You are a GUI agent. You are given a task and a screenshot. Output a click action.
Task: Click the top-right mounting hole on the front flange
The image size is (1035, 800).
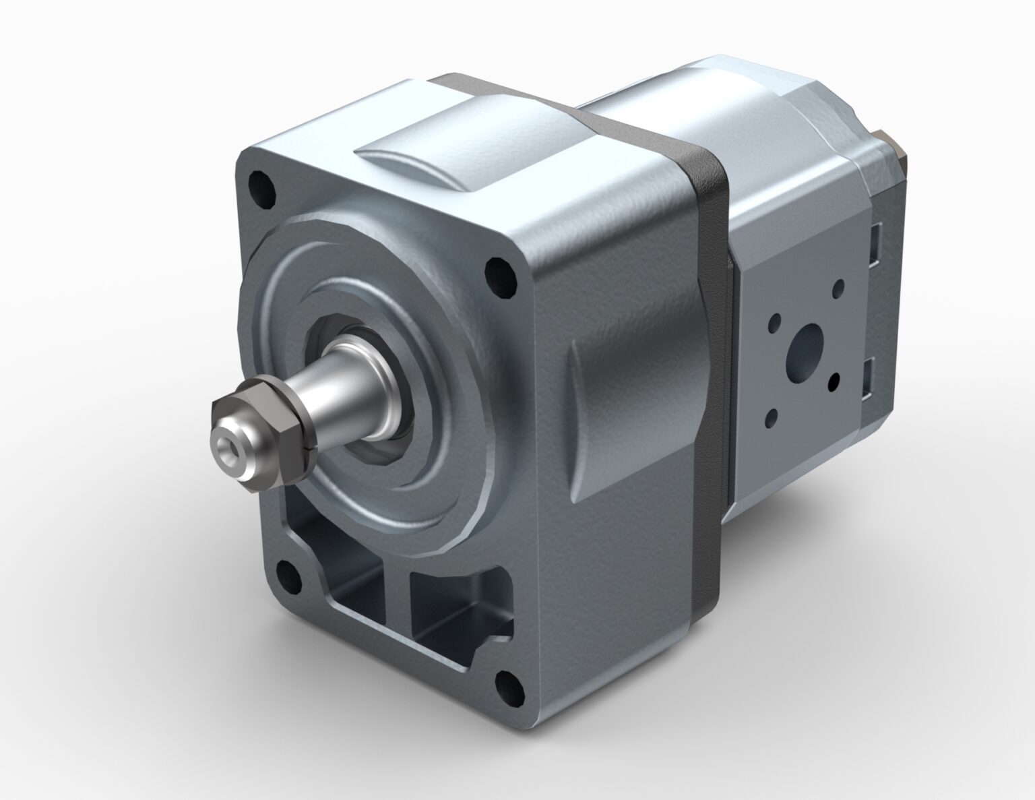click(x=499, y=276)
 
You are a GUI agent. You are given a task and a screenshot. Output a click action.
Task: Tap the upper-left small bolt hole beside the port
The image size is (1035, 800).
click(x=775, y=322)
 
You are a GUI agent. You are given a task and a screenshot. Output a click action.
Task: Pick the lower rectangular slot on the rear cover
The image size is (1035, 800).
click(x=869, y=377)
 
